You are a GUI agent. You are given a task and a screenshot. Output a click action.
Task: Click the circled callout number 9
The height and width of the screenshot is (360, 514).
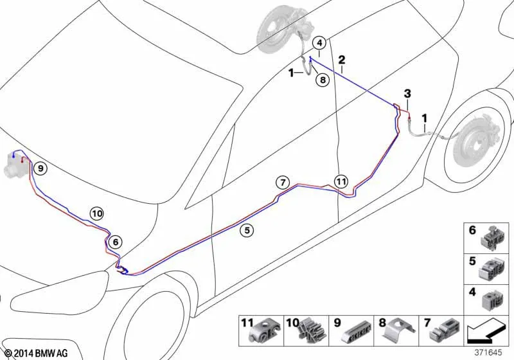click(x=40, y=168)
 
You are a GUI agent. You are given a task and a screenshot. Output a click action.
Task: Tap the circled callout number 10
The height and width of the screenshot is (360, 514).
click(x=97, y=214)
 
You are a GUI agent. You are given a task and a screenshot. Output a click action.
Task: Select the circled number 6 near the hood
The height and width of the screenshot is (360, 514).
click(x=116, y=242)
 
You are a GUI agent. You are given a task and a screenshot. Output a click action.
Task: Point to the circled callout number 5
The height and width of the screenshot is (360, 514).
click(x=247, y=231)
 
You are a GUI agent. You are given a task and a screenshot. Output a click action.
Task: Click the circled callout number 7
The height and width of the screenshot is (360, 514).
click(x=283, y=183)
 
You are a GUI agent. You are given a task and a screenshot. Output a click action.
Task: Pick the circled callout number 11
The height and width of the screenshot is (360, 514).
click(x=341, y=181)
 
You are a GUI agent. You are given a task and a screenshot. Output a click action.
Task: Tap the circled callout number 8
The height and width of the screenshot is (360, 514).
click(x=323, y=80)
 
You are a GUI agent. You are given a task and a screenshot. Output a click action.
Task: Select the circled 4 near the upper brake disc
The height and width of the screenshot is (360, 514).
click(x=319, y=43)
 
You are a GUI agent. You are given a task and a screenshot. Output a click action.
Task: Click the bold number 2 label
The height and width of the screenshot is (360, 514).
click(x=342, y=60)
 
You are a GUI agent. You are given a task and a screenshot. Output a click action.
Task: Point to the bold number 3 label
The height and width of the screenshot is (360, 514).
click(x=407, y=94)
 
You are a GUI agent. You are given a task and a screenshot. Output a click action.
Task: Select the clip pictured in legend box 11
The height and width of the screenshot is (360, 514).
click(x=265, y=332)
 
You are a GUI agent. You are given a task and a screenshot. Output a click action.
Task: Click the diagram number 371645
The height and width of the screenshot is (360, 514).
click(x=488, y=352)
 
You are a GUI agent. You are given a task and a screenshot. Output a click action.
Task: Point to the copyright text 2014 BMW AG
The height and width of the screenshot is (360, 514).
click(x=37, y=354)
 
